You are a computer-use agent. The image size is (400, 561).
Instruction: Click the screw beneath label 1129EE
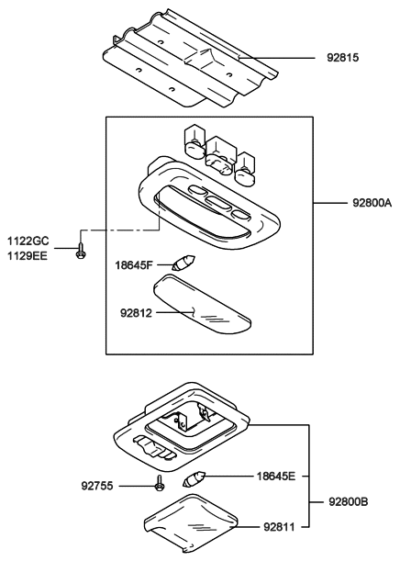[81, 250]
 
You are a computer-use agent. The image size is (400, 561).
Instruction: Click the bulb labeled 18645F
[179, 261]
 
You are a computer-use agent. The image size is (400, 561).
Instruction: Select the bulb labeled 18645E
[195, 478]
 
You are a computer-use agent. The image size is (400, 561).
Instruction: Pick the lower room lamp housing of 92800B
[183, 427]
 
